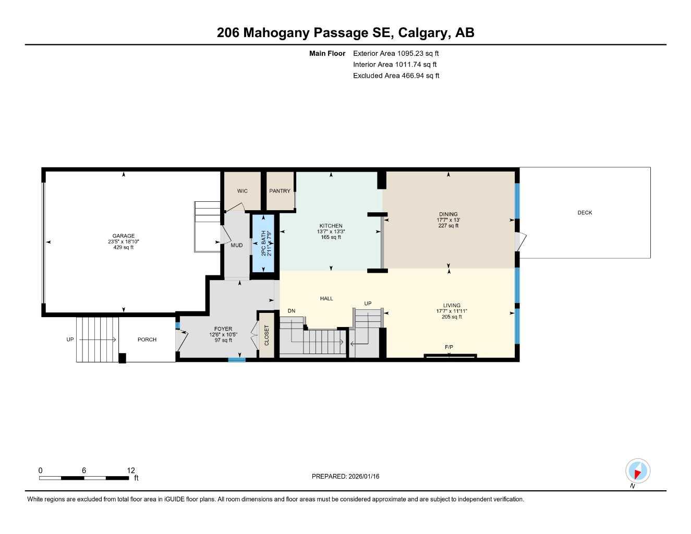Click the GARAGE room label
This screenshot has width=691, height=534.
pyautogui.click(x=124, y=236)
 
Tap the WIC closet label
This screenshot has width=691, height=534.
pyautogui.click(x=243, y=191)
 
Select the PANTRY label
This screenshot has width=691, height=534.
pyautogui.click(x=280, y=191)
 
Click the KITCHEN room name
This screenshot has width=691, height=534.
pyautogui.click(x=331, y=226)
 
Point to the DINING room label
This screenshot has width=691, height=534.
pyautogui.click(x=448, y=214)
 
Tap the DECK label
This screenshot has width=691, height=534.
pyautogui.click(x=585, y=213)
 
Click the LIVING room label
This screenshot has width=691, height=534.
pyautogui.click(x=452, y=306)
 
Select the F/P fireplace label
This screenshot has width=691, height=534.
pyautogui.click(x=448, y=347)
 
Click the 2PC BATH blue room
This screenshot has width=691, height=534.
pyautogui.click(x=263, y=243)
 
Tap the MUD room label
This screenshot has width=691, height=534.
pyautogui.click(x=237, y=245)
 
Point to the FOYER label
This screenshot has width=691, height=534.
pyautogui.click(x=223, y=329)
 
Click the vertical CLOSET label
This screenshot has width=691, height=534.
pyautogui.click(x=266, y=335)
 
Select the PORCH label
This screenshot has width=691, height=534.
pyautogui.click(x=147, y=339)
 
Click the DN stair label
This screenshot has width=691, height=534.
pyautogui.click(x=291, y=311)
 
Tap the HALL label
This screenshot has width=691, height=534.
pyautogui.click(x=326, y=299)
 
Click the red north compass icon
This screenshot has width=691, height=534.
pyautogui.click(x=637, y=471)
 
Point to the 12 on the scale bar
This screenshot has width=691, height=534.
pyautogui.click(x=131, y=470)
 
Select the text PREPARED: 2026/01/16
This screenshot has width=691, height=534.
pyautogui.click(x=345, y=476)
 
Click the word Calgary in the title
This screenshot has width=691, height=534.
pyautogui.click(x=422, y=33)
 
